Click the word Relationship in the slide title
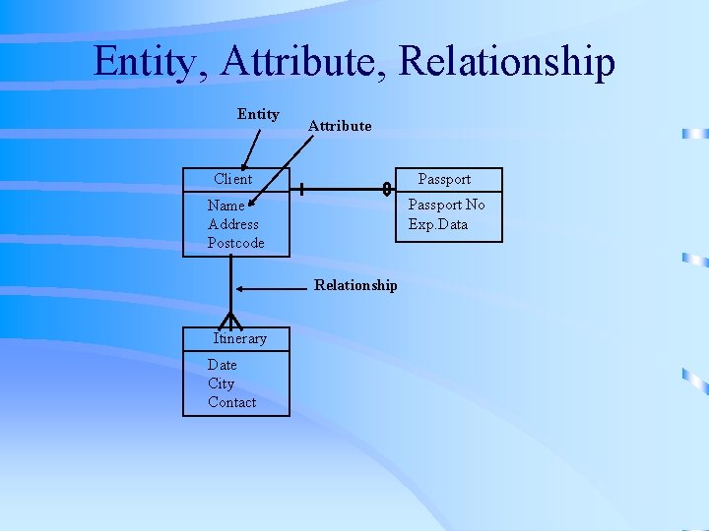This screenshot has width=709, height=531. point(506,61)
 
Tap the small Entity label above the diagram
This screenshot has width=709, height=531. point(258,114)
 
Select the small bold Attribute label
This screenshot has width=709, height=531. point(340,126)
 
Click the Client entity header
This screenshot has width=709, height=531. point(233,179)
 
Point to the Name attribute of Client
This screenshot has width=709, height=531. point(226,206)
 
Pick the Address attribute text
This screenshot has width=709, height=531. point(233,224)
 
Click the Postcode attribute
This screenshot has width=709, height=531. point(236,243)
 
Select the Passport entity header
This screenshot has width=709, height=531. point(444,179)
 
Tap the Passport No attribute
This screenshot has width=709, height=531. point(447,205)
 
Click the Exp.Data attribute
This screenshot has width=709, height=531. point(438,224)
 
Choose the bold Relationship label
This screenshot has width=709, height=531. point(355,285)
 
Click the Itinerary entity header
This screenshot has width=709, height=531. point(240,338)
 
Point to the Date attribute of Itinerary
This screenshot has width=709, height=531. point(223,365)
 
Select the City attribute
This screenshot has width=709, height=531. point(222,383)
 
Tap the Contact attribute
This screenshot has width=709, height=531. point(231,402)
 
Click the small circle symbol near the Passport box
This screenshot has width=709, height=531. point(387,188)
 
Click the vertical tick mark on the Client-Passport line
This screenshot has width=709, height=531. point(301,188)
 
